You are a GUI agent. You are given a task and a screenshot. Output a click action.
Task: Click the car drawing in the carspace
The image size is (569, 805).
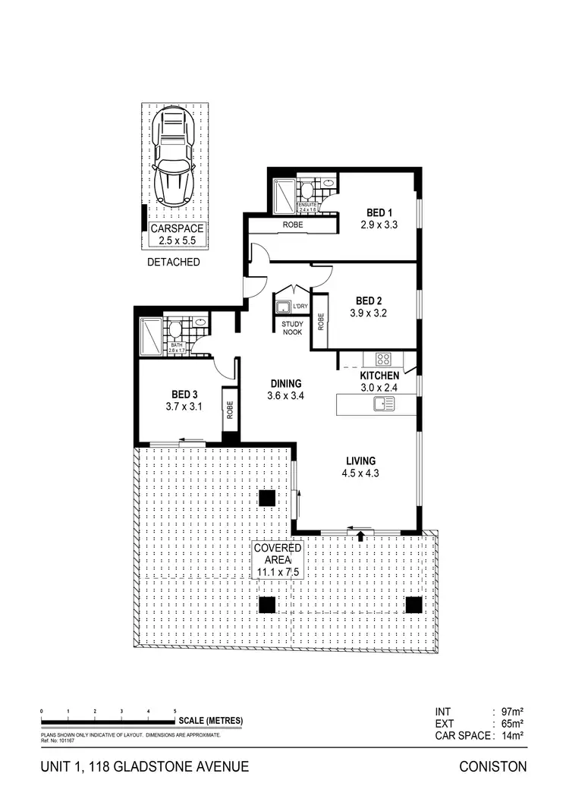174,156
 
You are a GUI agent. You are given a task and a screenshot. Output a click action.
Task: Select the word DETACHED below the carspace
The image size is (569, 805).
174,263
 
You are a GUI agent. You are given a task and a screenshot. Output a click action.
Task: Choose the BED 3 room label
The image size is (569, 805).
184,401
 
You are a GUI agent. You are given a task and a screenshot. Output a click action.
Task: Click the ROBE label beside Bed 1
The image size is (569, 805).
293,225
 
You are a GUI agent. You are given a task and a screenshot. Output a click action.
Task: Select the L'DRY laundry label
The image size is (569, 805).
300,306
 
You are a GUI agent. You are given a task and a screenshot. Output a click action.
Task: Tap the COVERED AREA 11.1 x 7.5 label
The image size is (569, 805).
278,561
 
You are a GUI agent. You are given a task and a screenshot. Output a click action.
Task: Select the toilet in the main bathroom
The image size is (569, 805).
175,330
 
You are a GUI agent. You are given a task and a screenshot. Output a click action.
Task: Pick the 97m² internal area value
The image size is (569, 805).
512,712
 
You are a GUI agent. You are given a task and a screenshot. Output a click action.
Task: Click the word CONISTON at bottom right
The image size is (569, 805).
493,767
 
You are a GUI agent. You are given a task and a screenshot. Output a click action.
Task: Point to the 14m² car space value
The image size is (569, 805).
512,736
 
